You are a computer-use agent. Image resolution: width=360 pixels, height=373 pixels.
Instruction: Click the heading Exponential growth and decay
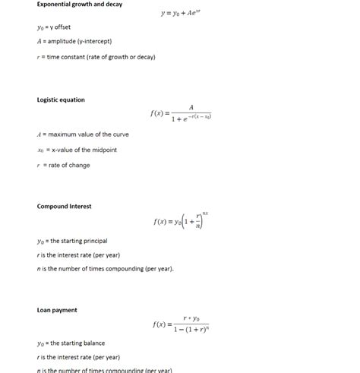(80, 5)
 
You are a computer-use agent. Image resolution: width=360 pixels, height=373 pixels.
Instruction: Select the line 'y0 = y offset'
(54, 27)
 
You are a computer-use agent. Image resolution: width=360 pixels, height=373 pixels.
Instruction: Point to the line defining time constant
(96, 57)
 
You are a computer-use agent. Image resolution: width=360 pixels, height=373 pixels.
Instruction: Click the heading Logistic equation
(61, 100)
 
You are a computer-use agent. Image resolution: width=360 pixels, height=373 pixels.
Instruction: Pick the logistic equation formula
(182, 113)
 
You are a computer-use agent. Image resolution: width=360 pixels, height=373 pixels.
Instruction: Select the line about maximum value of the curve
(83, 134)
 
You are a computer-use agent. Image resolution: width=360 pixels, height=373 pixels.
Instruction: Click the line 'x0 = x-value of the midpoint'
(77, 150)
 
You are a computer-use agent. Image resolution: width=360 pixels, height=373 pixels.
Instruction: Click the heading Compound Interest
(64, 206)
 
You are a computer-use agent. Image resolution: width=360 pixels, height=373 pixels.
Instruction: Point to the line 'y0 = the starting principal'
(72, 241)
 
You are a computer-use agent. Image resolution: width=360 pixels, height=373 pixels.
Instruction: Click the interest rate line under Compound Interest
(78, 255)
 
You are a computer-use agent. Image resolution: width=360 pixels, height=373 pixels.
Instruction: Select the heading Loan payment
(57, 310)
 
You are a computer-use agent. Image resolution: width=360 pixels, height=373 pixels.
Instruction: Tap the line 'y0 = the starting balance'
(71, 343)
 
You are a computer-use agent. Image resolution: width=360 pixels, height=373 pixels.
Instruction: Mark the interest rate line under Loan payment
(78, 357)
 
